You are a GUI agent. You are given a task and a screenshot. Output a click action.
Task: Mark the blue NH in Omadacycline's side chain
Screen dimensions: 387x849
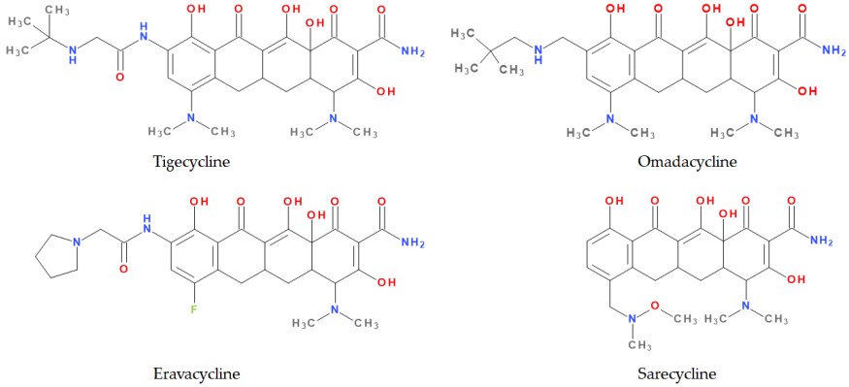pos(560,52)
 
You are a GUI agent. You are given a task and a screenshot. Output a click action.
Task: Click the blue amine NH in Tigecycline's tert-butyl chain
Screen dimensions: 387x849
pos(69,61)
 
